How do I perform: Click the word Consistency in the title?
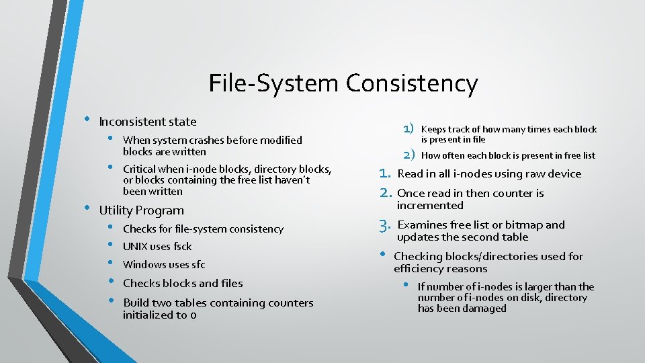click(412, 84)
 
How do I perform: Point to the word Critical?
click(139, 169)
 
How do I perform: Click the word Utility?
click(115, 210)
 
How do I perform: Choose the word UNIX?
click(136, 247)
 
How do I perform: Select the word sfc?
click(198, 265)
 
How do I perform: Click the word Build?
click(136, 302)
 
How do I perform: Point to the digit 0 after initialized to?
click(193, 315)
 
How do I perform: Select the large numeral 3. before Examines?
click(384, 225)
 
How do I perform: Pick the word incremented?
click(430, 205)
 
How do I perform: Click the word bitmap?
click(524, 225)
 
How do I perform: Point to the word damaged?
click(483, 309)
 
